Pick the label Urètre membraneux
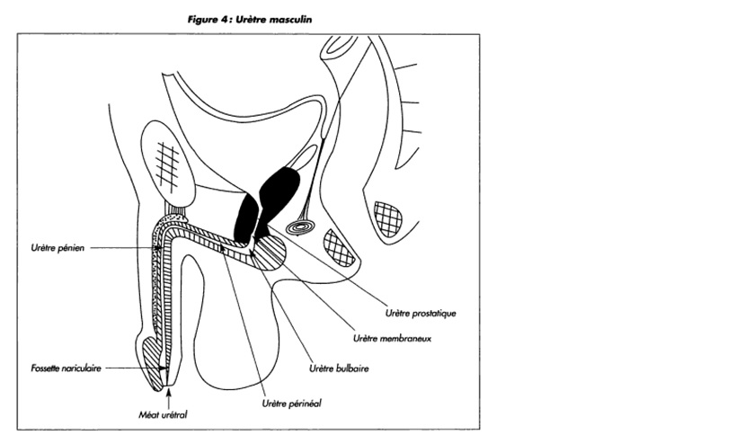coord(387,340)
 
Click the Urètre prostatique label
coord(420,314)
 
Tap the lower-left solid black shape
coord(244,218)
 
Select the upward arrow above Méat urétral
coord(167,395)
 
